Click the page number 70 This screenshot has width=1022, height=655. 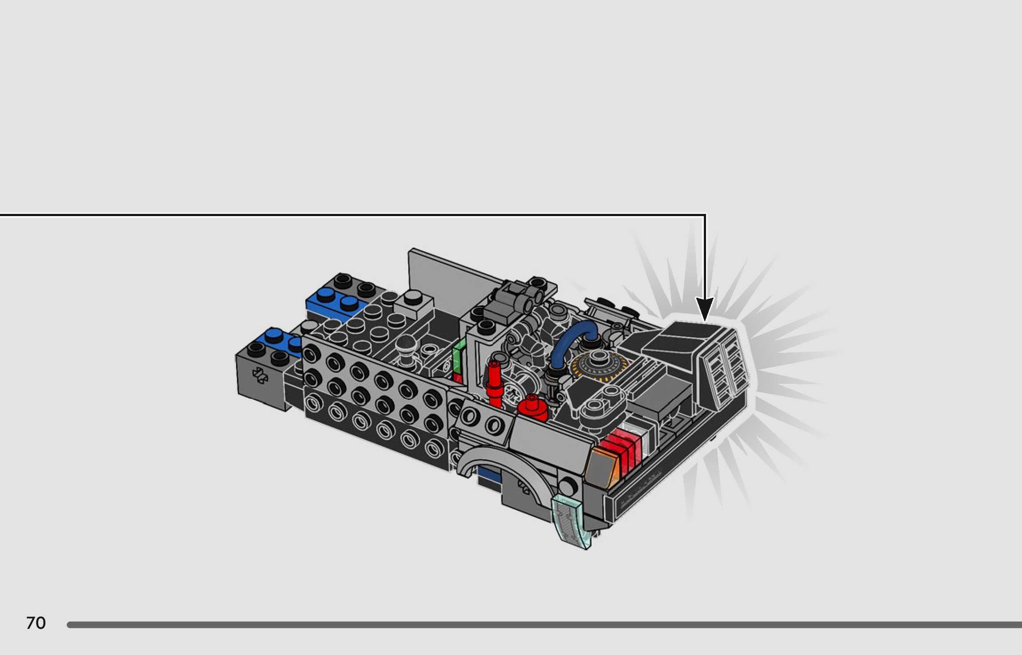pos(36,623)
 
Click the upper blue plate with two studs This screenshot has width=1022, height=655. pos(337,304)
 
